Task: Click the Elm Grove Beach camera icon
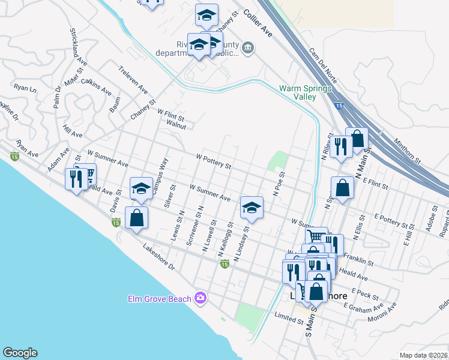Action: pos(200,298)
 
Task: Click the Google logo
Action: pos(20,353)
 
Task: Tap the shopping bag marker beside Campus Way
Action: pos(137,217)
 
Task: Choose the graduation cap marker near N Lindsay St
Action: pos(251,208)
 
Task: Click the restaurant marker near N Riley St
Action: pos(340,147)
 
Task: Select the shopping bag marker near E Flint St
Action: pos(342,187)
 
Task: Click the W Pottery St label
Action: pos(214,161)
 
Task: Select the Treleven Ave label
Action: pos(133,79)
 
